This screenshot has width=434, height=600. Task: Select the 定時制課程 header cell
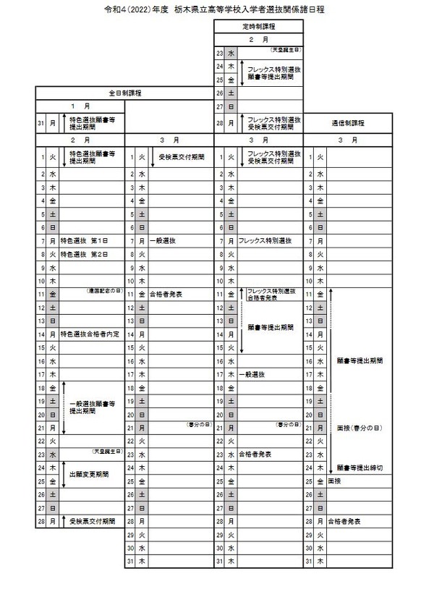pos(258,26)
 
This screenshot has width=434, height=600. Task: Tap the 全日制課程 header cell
pos(124,93)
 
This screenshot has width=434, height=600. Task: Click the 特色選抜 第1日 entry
pos(88,240)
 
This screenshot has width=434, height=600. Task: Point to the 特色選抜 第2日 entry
pos(88,255)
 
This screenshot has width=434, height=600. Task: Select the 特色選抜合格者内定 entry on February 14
pos(94,334)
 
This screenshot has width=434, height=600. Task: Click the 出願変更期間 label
pos(89,475)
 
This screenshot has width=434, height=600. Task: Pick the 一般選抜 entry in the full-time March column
pos(162,240)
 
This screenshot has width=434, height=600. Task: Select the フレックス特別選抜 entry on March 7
pos(265,240)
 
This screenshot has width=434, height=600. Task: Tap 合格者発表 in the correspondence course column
pos(344,521)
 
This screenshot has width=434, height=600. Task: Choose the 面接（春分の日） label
pos(359,428)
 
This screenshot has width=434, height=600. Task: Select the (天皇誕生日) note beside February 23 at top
pos(286,49)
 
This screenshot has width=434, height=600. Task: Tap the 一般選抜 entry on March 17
pos(251,374)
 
